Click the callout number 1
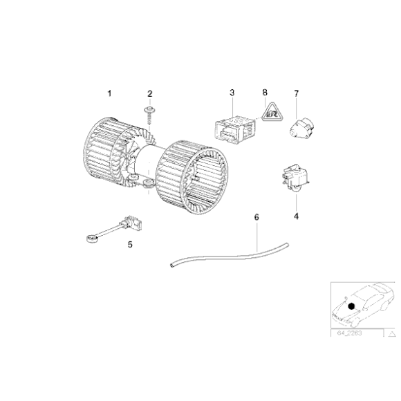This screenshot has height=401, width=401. tap(108, 93)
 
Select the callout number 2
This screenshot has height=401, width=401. tap(149, 93)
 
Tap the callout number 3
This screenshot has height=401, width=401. tap(232, 93)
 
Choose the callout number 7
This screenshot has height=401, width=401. tap(297, 93)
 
